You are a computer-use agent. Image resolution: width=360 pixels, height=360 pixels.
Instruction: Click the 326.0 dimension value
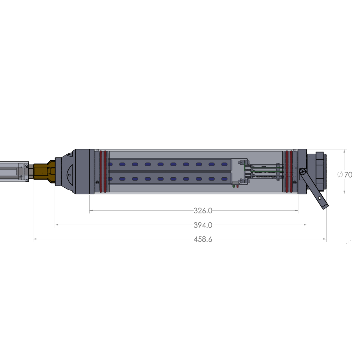pyautogui.click(x=203, y=211)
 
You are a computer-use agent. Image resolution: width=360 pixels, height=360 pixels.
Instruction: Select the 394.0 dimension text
pyautogui.click(x=203, y=225)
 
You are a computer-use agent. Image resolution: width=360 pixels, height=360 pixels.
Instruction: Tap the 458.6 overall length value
pyautogui.click(x=203, y=239)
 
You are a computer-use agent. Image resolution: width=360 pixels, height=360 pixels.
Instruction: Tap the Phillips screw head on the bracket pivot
pyautogui.click(x=302, y=172)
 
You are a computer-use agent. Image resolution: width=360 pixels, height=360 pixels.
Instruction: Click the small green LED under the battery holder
pyautogui.click(x=233, y=186)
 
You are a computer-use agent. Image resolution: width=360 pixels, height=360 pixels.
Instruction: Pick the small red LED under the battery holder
pyautogui.click(x=238, y=186)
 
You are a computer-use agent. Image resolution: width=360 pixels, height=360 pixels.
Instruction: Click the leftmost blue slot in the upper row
pyautogui.click(x=122, y=164)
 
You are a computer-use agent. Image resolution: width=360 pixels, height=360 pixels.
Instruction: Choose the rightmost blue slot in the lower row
pyautogui.click(x=224, y=179)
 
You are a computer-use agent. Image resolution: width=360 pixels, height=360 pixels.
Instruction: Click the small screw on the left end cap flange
pyautogui.click(x=97, y=182)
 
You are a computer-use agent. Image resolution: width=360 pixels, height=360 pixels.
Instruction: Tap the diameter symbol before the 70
pyautogui.click(x=340, y=174)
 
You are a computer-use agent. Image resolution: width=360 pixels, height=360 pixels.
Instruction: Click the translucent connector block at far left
pyautogui.click(x=14, y=171)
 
